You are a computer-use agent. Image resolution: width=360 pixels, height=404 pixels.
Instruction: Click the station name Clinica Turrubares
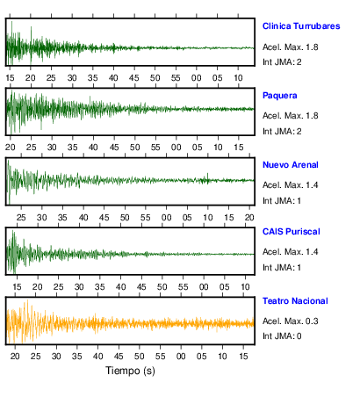pyautogui.click(x=301, y=26)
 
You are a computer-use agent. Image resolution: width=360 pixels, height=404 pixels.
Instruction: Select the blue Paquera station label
pyautogui.click(x=280, y=96)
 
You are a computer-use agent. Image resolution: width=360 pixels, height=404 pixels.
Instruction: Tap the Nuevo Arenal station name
pyautogui.click(x=291, y=165)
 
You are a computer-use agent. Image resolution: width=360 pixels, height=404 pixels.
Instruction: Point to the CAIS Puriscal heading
pyautogui.click(x=292, y=232)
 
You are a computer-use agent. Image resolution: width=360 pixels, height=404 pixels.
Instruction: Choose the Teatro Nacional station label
pyautogui.click(x=295, y=301)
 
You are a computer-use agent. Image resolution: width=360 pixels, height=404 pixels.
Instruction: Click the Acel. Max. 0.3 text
pyautogui.click(x=291, y=321)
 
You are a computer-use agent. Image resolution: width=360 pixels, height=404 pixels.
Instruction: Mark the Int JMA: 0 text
pyautogui.click(x=282, y=335)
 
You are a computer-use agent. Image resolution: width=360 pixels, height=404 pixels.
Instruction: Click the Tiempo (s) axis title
pyautogui.click(x=130, y=371)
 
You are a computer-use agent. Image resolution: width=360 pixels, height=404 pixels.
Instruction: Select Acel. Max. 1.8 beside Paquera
pyautogui.click(x=291, y=116)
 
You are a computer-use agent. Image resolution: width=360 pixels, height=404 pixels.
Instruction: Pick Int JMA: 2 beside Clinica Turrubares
pyautogui.click(x=282, y=62)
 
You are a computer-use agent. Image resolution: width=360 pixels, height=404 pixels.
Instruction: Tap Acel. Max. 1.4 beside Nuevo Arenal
pyautogui.click(x=291, y=185)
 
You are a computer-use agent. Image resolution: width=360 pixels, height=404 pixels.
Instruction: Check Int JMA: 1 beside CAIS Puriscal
pyautogui.click(x=282, y=267)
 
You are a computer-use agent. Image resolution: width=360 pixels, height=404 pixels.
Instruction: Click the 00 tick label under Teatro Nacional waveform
pyautogui.click(x=181, y=357)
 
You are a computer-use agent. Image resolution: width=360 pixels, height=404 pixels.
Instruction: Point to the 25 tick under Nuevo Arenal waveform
pyautogui.click(x=21, y=218)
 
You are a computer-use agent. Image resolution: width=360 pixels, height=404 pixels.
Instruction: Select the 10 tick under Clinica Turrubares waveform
pyautogui.click(x=238, y=78)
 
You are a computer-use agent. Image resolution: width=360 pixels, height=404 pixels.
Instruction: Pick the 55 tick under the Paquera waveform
pyautogui.click(x=155, y=148)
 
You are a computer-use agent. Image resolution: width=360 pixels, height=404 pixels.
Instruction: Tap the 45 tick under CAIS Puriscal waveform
pyautogui.click(x=141, y=287)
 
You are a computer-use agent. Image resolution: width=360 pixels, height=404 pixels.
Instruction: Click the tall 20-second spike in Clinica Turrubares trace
pyautogui.click(x=31, y=44)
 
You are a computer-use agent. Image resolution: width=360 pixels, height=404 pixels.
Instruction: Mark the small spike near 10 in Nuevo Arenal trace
pyautogui.click(x=208, y=178)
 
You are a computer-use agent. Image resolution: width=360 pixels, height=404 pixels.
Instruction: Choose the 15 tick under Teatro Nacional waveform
pyautogui.click(x=243, y=357)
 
